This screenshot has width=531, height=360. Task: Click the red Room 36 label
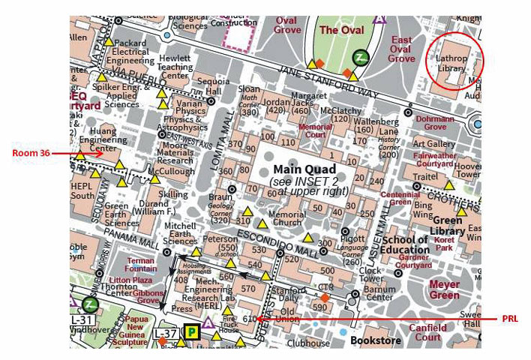(x=31, y=154)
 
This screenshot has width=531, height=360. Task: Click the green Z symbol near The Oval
(x=361, y=58)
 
